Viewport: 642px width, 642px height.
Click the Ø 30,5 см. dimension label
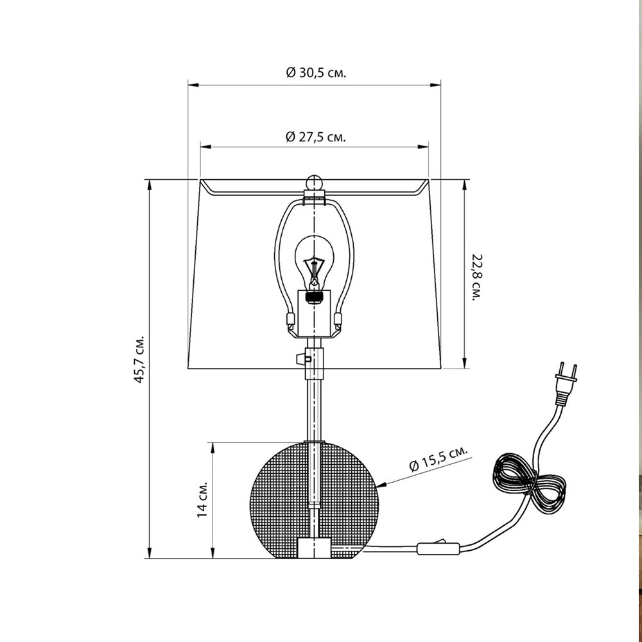(x=315, y=73)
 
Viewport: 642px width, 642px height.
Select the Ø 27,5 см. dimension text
(x=315, y=136)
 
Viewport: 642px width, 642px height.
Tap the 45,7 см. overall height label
(x=138, y=359)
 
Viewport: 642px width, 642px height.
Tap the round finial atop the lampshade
(x=313, y=181)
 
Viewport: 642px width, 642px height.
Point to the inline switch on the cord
(x=438, y=548)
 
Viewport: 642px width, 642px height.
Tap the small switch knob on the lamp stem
(x=300, y=358)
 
